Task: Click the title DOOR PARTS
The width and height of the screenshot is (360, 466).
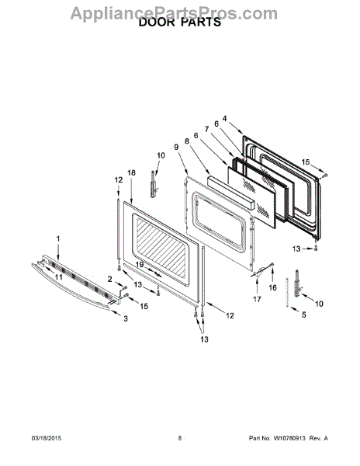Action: [180, 23]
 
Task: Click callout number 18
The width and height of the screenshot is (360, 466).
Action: [131, 172]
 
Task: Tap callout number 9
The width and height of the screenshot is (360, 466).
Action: [176, 147]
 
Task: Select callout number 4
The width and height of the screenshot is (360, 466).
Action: [225, 119]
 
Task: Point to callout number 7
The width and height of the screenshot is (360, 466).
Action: [206, 129]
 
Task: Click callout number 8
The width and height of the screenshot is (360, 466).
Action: [187, 141]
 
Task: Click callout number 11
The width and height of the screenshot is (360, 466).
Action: [59, 277]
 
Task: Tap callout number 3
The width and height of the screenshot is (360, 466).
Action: [126, 318]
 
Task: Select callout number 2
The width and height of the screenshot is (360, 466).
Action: [110, 279]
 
